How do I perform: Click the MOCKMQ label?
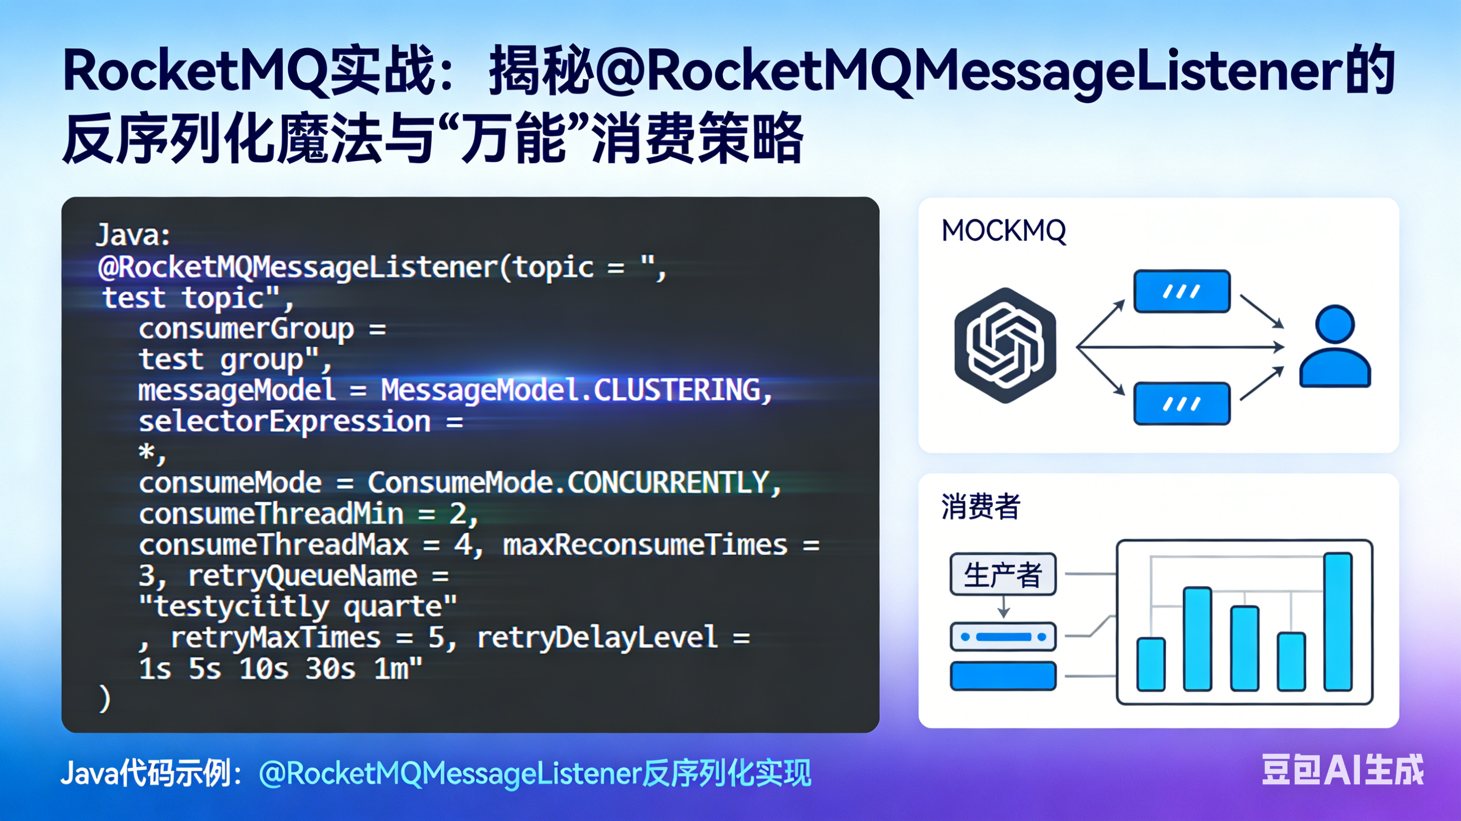(x=1003, y=232)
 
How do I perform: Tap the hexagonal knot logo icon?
(x=1005, y=346)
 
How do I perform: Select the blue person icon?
(x=1335, y=347)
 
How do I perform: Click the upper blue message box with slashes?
(x=1182, y=291)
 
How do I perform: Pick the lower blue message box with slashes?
(x=1182, y=404)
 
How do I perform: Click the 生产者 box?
(x=1003, y=574)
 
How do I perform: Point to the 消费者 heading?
(x=980, y=507)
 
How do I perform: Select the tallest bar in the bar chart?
(x=1337, y=621)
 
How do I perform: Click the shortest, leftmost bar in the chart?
(x=1151, y=664)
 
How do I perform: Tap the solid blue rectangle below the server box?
(x=1003, y=676)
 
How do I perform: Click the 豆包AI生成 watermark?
(x=1342, y=770)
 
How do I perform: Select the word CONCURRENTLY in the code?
(x=667, y=483)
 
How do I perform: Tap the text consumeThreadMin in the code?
(x=271, y=514)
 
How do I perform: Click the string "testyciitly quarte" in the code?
(x=298, y=607)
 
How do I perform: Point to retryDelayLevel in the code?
(x=597, y=638)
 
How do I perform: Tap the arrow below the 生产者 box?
(x=1003, y=607)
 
